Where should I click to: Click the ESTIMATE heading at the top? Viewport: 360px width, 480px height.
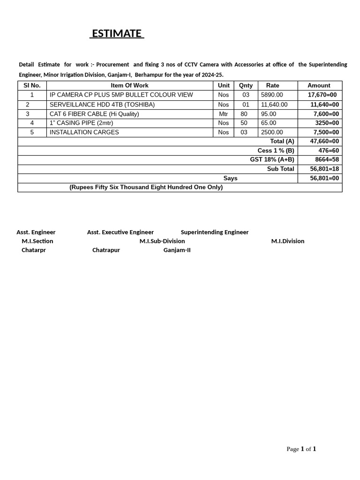(117, 34)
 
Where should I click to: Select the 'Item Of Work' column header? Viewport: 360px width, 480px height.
(129, 85)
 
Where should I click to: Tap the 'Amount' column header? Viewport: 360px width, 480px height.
(319, 85)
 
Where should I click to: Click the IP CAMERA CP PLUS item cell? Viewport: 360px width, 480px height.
(121, 95)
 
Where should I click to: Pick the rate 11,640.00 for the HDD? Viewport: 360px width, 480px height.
(274, 105)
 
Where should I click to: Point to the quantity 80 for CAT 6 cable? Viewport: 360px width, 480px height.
(244, 114)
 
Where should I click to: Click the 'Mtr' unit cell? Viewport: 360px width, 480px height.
(223, 114)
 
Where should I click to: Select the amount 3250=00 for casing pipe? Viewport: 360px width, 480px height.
(327, 123)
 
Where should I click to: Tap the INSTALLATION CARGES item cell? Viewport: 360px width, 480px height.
(84, 132)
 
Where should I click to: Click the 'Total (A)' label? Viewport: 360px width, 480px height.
(282, 141)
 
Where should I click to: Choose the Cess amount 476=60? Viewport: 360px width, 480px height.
(329, 150)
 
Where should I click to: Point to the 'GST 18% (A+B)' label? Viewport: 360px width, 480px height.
(272, 159)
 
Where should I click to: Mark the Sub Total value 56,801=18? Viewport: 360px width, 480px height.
(324, 169)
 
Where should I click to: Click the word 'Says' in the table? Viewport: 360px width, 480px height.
(230, 178)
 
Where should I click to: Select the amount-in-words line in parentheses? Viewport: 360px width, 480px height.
(146, 187)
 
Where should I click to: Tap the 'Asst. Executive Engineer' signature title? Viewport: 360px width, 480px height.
(120, 232)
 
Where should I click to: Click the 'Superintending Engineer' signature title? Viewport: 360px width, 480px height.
(215, 232)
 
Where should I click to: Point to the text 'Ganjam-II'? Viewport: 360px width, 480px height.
(177, 250)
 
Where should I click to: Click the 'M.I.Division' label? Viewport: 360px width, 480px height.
(288, 241)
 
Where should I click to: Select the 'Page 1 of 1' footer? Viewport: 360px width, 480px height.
(301, 449)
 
